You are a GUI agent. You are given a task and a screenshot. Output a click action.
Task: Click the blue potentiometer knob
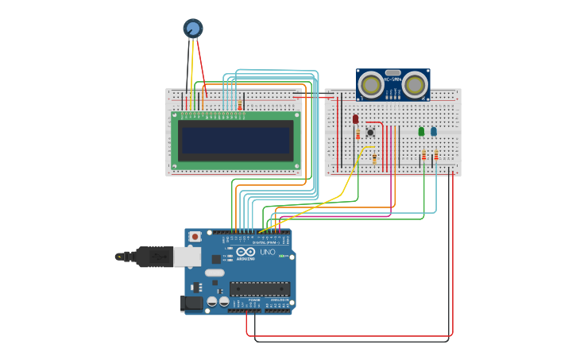(x=193, y=29)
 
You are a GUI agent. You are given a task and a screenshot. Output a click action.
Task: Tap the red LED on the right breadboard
(x=355, y=119)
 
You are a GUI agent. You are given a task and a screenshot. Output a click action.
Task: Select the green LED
(x=421, y=131)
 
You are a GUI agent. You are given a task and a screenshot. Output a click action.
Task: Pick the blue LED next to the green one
(x=433, y=131)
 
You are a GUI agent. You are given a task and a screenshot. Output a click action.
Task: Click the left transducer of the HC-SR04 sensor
(x=370, y=83)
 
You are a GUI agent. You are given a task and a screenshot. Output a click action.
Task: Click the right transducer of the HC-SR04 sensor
(x=414, y=83)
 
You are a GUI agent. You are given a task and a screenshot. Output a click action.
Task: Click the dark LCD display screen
(x=236, y=141)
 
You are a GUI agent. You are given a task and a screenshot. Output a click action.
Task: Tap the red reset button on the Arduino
(x=195, y=236)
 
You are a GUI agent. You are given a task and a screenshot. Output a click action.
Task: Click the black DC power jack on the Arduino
(x=191, y=302)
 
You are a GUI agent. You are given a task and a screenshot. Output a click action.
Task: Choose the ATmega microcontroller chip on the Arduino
(x=259, y=288)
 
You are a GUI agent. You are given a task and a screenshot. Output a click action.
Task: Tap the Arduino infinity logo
(x=245, y=252)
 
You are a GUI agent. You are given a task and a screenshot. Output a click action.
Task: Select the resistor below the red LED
(x=358, y=135)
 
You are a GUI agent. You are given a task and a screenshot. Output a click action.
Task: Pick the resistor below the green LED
(x=423, y=155)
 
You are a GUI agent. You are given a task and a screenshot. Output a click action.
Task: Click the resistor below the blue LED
(x=435, y=155)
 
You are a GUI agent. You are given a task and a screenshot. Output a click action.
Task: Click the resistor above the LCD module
(x=240, y=105)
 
